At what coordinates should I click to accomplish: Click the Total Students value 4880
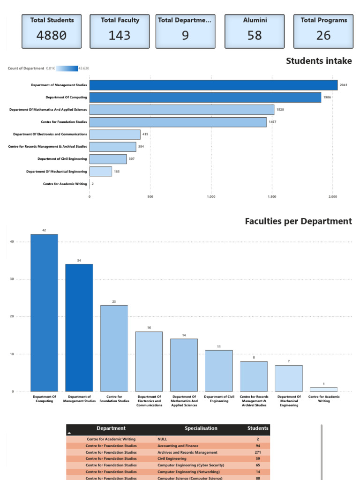point(52,35)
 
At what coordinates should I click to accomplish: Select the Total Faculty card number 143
point(120,35)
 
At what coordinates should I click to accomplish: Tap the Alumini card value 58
point(255,35)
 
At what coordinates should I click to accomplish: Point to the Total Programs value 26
point(323,35)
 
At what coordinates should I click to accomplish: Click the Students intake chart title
point(319,61)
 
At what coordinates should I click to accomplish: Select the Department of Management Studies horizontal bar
point(213,85)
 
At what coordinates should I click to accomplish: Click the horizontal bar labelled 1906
point(205,97)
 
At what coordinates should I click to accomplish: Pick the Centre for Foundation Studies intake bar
point(178,122)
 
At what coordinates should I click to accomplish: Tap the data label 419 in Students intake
point(145,135)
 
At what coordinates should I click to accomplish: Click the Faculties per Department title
point(298,221)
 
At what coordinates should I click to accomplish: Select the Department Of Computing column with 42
point(44,313)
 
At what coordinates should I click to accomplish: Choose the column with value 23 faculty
point(114,348)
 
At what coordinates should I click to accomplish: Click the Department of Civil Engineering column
point(219,370)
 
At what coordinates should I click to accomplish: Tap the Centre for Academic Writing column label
point(324,399)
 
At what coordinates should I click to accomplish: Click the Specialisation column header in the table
point(201,428)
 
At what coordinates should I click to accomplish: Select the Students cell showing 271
point(258,452)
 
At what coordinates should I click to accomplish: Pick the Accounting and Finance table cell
point(178,446)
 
